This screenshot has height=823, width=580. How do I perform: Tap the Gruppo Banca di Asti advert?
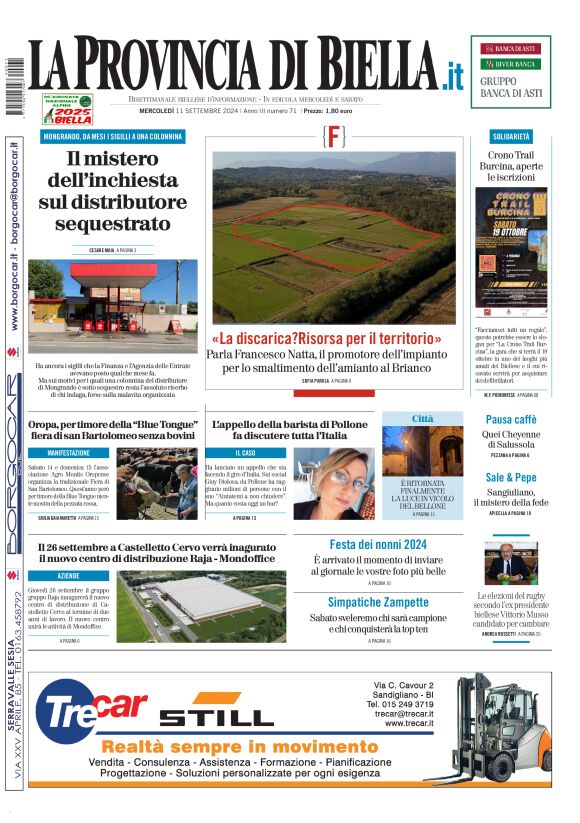[x=510, y=71]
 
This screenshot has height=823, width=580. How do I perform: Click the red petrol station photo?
[x=112, y=296]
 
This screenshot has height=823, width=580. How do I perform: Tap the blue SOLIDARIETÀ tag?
[x=511, y=135]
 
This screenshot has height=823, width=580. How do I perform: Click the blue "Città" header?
[x=422, y=418]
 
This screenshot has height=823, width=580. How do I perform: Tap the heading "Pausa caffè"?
[x=511, y=419]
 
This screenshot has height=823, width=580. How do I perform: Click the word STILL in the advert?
[x=216, y=717]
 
